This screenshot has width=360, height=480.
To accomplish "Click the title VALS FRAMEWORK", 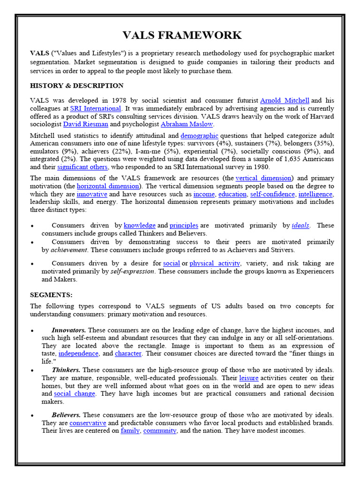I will coord(182,35).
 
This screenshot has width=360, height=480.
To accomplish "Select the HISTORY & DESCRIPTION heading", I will coord(77,86).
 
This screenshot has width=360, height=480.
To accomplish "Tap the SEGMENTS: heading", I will coord(51,295).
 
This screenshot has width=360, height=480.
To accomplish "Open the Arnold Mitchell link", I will coord(285,100).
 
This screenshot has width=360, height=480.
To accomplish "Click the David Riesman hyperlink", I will coord(85,124).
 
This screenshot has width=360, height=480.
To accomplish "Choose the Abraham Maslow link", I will coord(187,124).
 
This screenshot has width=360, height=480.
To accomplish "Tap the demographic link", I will coord(199,135).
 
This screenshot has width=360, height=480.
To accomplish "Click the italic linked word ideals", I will coord(300,225).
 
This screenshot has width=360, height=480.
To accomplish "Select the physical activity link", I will coord(215,263).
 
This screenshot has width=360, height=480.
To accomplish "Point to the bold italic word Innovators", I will coord(68,330).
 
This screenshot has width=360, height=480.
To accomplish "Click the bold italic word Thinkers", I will coord(66,370).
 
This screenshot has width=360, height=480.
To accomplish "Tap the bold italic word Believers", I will coord(66,415).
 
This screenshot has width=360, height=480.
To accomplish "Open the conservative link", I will coord(88,423).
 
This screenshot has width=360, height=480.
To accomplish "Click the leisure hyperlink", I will coord(248,378).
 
